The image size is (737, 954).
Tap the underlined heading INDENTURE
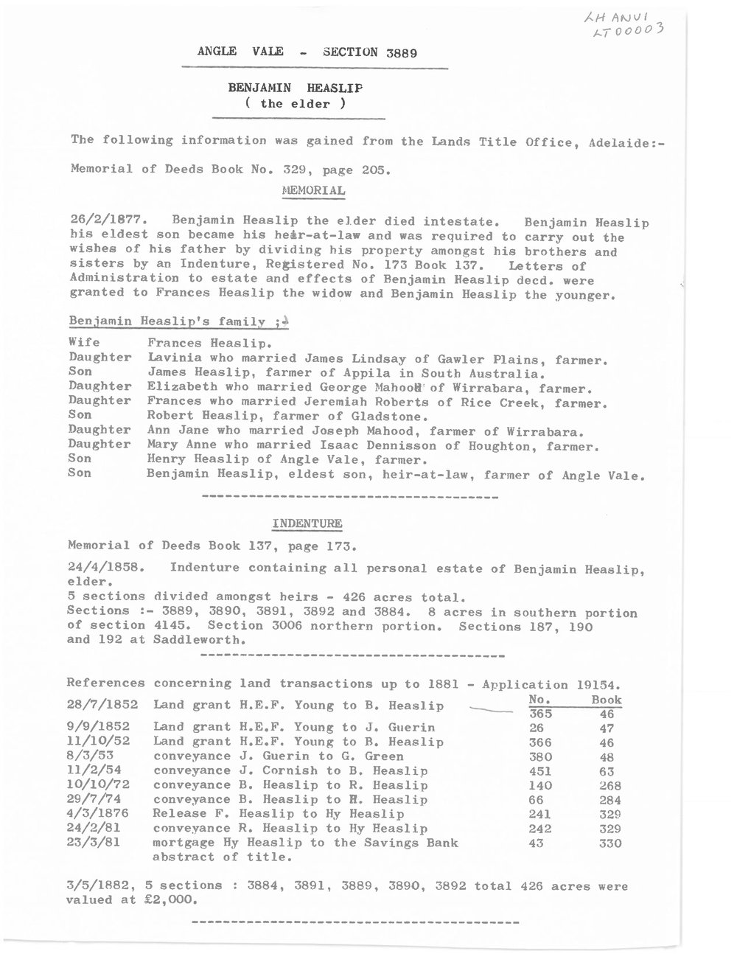pos(307,523)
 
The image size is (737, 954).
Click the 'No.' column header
pos(541,700)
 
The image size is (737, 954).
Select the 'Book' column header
pos(607,700)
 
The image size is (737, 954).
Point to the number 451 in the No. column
pos(541,771)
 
